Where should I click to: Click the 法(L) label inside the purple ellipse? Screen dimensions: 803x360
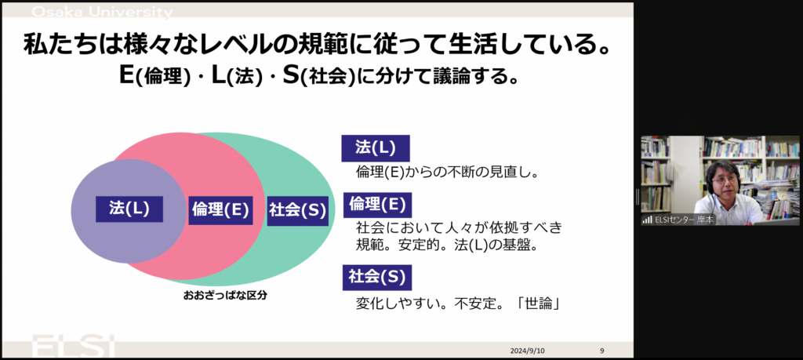[x=129, y=209]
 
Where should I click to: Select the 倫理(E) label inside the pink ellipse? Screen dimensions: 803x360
[x=220, y=210]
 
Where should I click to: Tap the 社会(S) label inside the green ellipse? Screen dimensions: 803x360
[x=297, y=210]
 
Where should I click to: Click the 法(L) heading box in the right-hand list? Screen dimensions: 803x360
[x=376, y=148]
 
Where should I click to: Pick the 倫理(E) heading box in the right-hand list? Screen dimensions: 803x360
[x=377, y=205]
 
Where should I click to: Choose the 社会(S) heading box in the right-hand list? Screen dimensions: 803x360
[x=377, y=277]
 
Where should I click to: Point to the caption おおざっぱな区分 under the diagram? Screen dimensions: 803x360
[x=225, y=296]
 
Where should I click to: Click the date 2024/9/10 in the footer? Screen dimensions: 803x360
[x=528, y=351]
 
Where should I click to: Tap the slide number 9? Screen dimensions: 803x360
[x=602, y=351]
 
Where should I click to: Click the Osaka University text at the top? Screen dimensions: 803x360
[x=103, y=12]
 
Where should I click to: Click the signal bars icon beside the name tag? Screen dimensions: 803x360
[x=648, y=220]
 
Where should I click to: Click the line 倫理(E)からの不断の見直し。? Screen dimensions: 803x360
[x=446, y=173]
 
